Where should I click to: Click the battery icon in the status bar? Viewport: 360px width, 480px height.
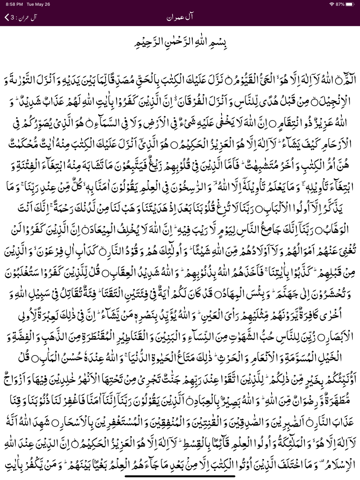tap(350, 4)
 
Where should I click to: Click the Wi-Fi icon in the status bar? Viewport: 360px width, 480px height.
tap(331, 4)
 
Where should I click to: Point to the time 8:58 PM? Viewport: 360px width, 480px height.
tap(15, 4)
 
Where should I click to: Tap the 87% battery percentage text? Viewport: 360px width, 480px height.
tap(340, 4)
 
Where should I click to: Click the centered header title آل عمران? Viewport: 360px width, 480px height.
tap(180, 17)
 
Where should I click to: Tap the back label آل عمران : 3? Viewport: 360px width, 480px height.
tap(24, 17)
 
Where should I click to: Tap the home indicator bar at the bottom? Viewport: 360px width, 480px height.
tap(180, 476)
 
